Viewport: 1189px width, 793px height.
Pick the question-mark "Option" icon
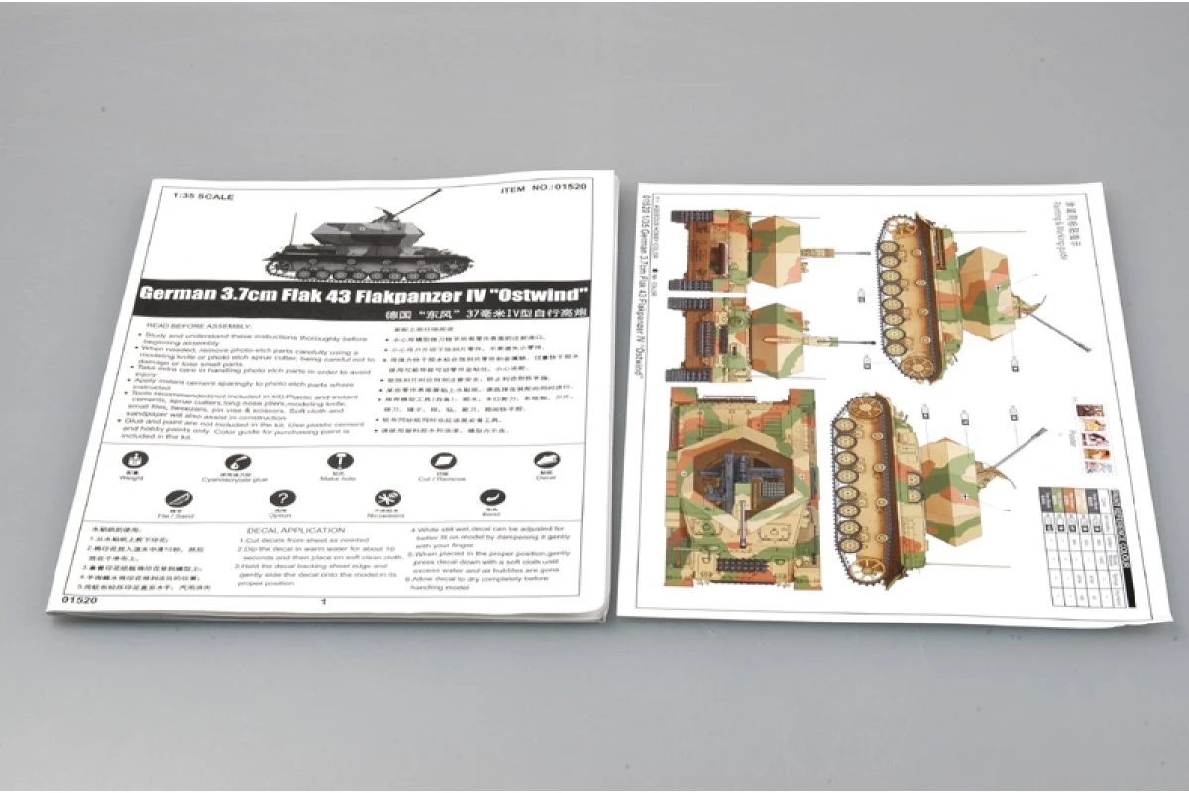point(283,500)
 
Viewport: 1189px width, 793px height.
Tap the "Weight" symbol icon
point(135,461)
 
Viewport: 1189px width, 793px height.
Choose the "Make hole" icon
point(337,462)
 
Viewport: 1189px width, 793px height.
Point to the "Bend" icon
point(488,498)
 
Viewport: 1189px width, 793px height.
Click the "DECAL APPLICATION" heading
point(294,531)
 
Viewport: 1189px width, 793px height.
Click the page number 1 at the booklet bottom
point(324,601)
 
